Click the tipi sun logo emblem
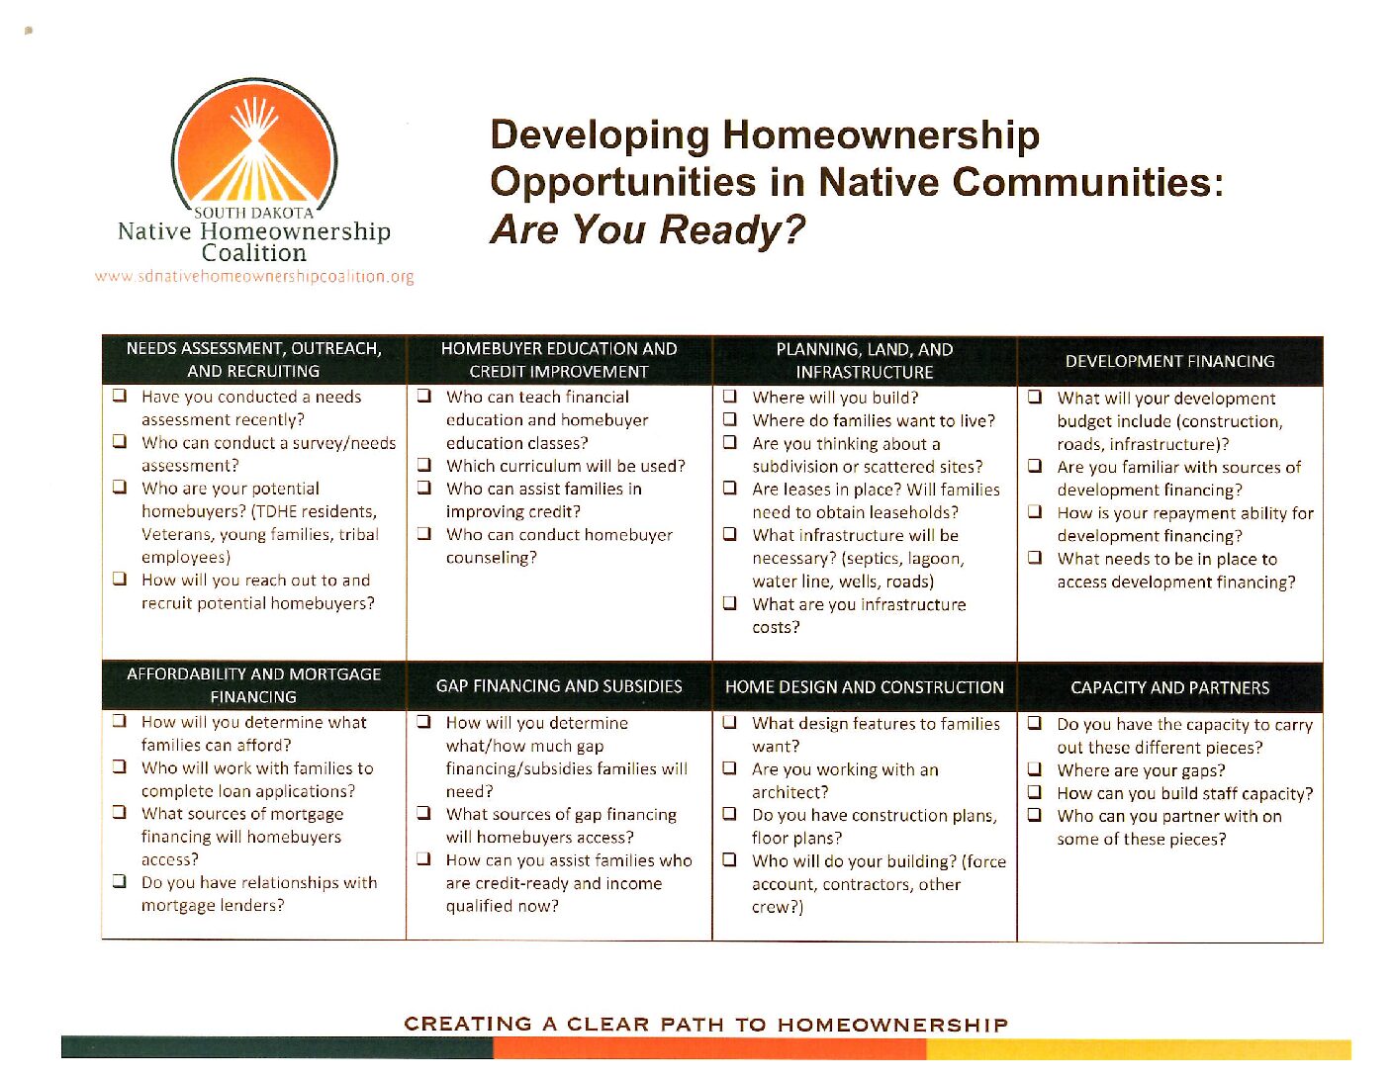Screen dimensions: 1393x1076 coord(254,146)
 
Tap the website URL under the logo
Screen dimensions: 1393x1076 coord(254,277)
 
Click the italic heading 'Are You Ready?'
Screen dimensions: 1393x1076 coord(647,229)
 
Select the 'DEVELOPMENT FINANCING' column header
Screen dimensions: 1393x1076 coord(1170,361)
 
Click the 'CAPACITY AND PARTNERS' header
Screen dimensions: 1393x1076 coord(1170,687)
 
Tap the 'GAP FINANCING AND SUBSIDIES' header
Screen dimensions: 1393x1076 coord(559,686)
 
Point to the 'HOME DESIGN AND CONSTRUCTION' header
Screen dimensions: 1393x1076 coord(864,687)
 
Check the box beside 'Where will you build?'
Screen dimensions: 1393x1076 coord(729,396)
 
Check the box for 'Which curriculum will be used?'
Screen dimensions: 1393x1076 coord(423,464)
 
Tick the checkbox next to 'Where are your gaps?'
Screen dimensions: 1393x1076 coord(1035,768)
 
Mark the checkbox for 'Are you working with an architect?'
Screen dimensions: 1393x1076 coord(729,767)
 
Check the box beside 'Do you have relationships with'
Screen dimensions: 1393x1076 coord(120,881)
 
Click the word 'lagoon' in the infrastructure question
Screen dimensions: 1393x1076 coord(937,559)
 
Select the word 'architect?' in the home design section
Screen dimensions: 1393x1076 coord(789,792)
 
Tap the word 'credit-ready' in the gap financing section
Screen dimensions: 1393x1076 coord(520,883)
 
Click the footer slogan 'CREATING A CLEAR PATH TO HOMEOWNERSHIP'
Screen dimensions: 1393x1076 coord(706,1025)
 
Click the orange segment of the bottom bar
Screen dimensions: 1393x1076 coord(709,1047)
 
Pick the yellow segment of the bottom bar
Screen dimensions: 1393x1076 coord(1139,1048)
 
